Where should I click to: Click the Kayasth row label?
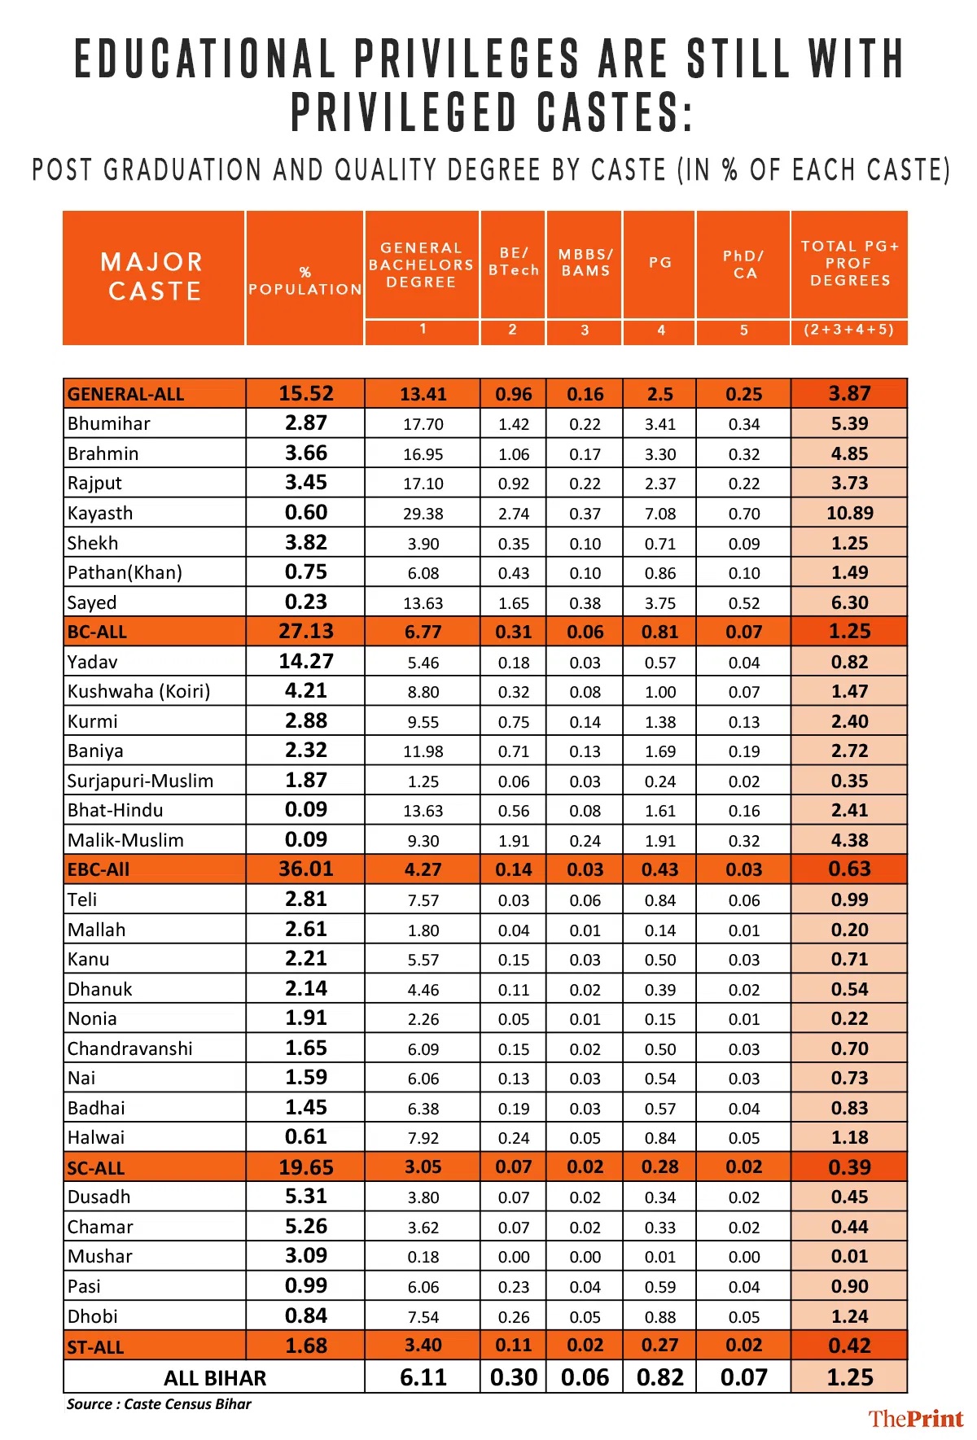100,514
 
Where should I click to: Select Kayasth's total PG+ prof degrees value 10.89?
849,514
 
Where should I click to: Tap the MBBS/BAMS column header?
585,263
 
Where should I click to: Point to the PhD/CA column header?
743,265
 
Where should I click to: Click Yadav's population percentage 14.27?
306,662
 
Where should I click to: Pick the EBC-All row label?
99,869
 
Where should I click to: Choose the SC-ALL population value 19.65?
306,1167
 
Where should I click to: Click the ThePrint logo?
915,1419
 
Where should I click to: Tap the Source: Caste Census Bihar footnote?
159,1404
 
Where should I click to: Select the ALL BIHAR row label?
215,1378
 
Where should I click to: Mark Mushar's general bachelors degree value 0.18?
423,1257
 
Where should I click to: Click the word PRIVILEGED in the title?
404,112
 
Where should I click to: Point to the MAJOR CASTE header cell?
153,277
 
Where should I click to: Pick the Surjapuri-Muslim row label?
140,781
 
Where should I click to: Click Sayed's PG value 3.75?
659,603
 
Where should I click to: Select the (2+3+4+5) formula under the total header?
848,330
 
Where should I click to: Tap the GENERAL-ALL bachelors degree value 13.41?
423,395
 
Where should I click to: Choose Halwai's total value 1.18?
849,1138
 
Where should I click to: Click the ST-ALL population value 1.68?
306,1346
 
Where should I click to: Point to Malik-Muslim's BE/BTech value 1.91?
514,841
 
